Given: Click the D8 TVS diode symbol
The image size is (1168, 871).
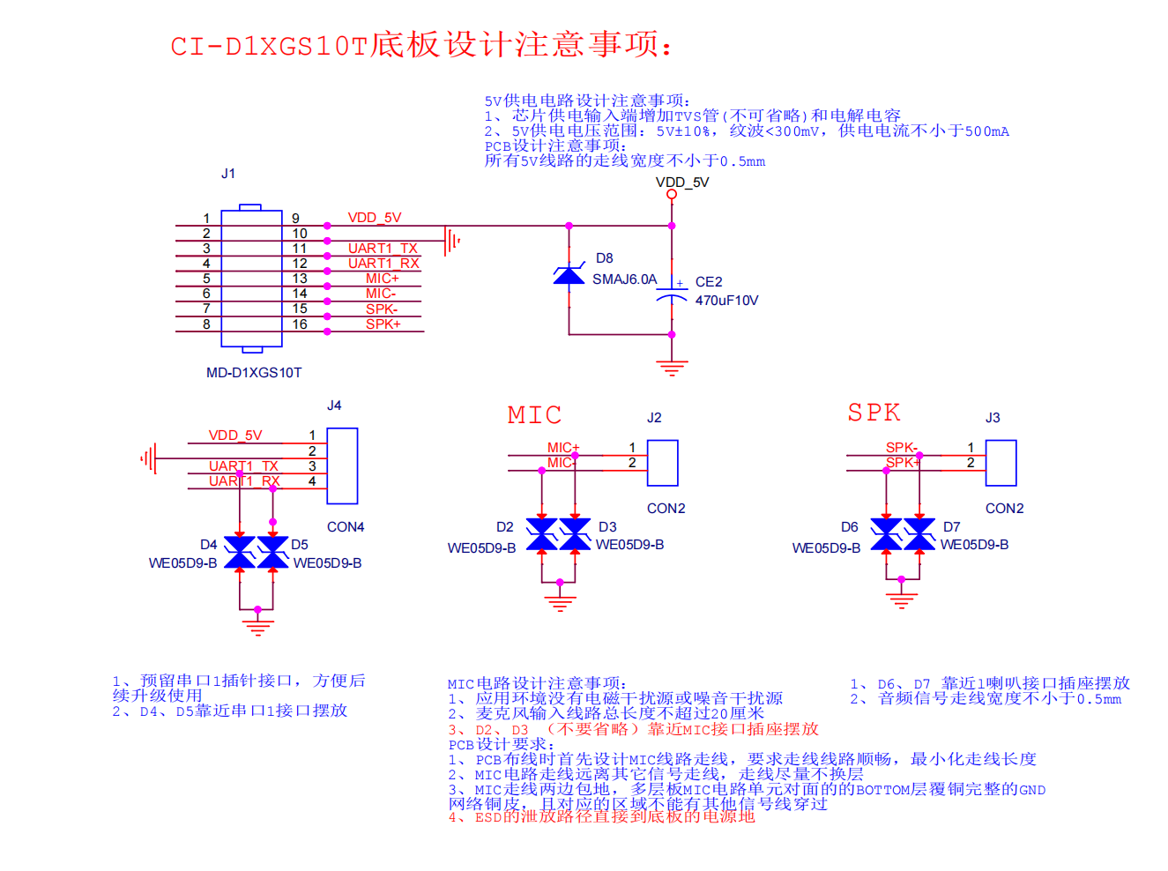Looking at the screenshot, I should point(569,276).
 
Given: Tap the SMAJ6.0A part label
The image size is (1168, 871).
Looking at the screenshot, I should point(624,279).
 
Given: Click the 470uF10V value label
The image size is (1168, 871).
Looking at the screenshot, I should point(726,301).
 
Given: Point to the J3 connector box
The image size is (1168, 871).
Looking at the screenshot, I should point(1001,463).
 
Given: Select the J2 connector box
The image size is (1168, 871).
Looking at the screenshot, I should point(662,463).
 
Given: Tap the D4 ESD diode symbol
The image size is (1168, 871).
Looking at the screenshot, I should point(240,553).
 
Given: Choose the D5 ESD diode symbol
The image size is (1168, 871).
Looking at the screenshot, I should point(272,553).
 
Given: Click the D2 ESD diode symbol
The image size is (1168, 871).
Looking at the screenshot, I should point(541,534).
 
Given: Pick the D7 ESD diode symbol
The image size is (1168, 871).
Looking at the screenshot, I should point(919,534).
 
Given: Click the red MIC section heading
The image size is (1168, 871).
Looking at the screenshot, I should point(534,415).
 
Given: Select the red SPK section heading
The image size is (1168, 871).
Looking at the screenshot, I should point(874,413).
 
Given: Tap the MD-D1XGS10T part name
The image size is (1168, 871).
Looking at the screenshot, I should point(254,373).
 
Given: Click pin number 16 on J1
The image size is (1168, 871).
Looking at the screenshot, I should point(300,324).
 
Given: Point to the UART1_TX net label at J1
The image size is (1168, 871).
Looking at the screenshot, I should point(383,249).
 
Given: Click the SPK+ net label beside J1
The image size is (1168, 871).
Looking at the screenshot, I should point(383,324).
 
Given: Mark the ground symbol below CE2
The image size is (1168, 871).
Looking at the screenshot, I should point(672,367).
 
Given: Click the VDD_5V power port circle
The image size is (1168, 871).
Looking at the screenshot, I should point(672,194).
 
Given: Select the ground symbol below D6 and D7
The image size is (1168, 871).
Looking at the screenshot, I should point(901,600).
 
